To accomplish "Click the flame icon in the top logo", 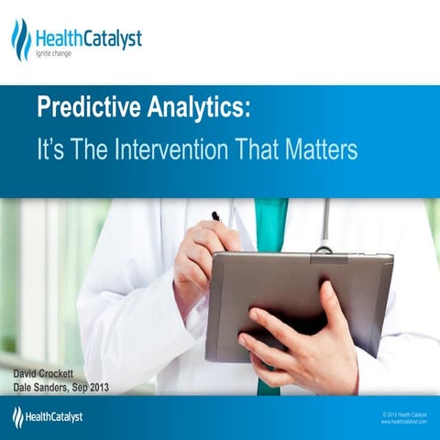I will pos(20,39).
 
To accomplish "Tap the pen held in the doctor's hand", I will pos(216,216).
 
